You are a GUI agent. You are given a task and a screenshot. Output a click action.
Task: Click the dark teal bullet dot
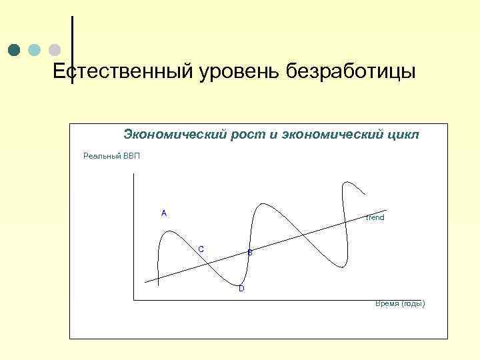click(x=14, y=50)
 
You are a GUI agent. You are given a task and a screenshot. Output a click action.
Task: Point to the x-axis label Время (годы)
click(x=399, y=303)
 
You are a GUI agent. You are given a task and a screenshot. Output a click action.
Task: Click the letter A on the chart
click(x=164, y=213)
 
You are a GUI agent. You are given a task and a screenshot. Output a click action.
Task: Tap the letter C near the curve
click(x=201, y=249)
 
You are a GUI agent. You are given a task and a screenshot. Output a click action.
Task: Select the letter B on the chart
click(x=250, y=253)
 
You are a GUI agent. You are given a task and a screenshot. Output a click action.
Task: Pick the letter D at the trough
click(x=241, y=289)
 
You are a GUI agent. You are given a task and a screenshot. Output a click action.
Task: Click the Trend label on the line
click(x=375, y=218)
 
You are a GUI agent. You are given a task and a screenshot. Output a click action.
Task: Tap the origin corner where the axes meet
click(x=134, y=300)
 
